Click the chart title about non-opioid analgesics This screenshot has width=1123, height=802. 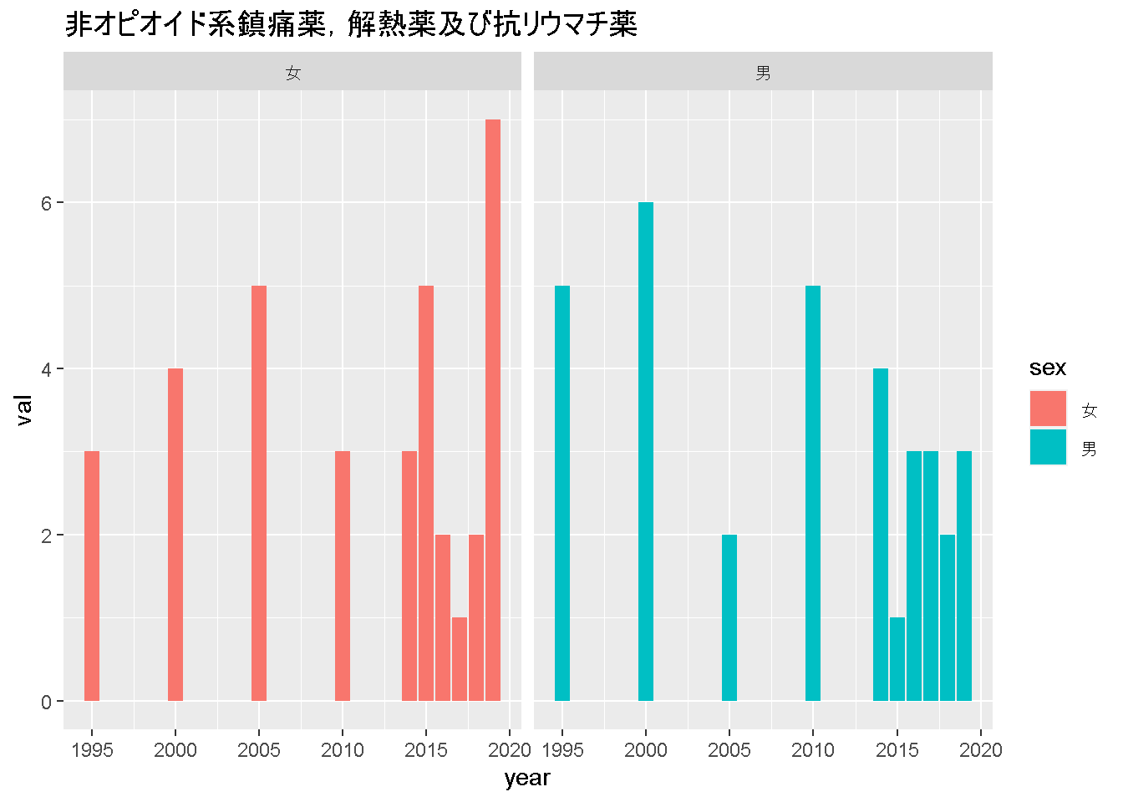tap(351, 25)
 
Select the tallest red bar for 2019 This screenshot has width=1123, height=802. tap(493, 409)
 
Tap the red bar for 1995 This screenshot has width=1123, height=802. tap(92, 576)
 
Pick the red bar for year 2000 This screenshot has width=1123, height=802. tap(175, 535)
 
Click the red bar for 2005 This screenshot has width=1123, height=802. tap(259, 493)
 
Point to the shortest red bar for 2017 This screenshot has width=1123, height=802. tap(460, 659)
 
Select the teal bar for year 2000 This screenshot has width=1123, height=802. tap(646, 451)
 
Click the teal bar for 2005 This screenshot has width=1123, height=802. tap(729, 617)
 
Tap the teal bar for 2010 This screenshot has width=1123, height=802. tap(813, 493)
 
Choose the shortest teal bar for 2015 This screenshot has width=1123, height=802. tap(897, 659)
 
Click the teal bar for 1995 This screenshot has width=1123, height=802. tap(562, 493)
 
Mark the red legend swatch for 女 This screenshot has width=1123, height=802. tap(1048, 409)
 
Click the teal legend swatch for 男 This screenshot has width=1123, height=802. tap(1048, 447)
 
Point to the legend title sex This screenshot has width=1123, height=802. tap(1048, 368)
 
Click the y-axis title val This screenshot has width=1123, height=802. tap(24, 410)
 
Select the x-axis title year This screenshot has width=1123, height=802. tap(527, 779)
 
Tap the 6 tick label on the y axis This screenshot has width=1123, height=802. tap(47, 203)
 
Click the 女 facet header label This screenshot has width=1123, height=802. tap(292, 74)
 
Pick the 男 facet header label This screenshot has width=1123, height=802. tap(763, 74)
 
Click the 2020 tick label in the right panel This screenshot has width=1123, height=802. tap(981, 750)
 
